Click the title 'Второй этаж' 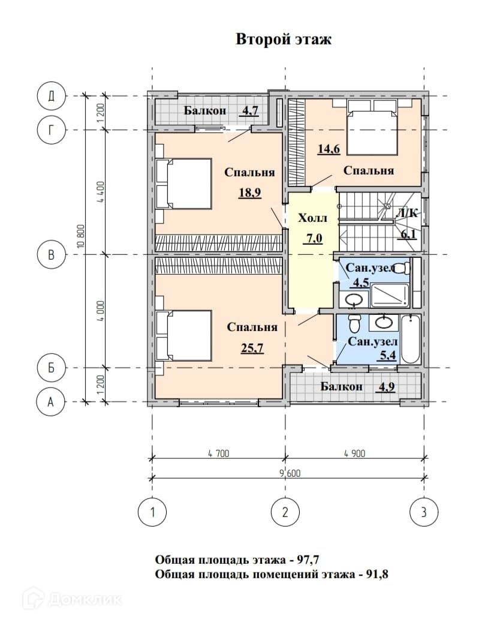tap(284, 40)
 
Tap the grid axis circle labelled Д tap(51, 96)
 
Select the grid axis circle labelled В tap(51, 254)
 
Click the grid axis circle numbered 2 tap(285, 512)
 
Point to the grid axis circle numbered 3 tap(424, 512)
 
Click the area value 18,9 tap(249, 193)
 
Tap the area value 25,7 tap(252, 348)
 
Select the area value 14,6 tap(329, 149)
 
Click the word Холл tap(312, 218)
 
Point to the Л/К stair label tap(406, 214)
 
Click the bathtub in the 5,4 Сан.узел tap(411, 339)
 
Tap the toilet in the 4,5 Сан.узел tap(403, 268)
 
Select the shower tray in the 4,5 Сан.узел tap(390, 295)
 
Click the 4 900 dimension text tap(354, 453)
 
